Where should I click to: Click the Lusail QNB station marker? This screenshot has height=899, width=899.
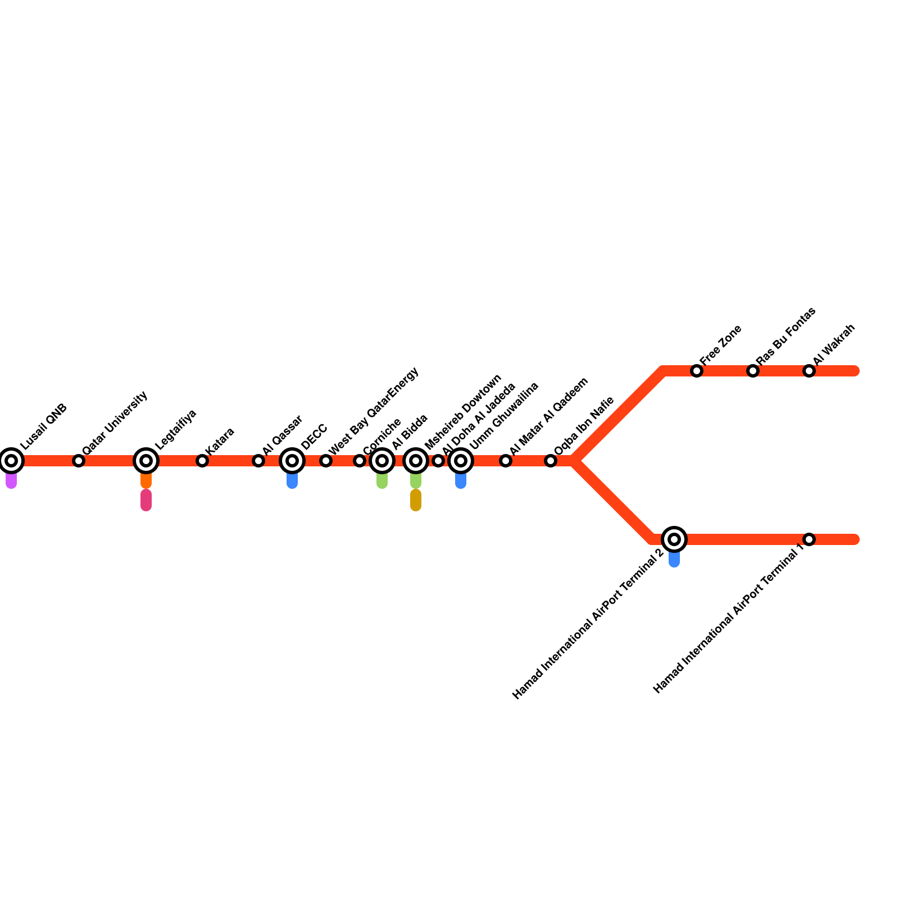[11, 461]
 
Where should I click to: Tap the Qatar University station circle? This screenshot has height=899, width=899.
[79, 461]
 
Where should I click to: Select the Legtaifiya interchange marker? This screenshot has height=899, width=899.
[146, 461]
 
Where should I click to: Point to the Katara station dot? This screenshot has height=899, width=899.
[202, 461]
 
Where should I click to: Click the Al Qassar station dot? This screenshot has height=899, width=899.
[258, 461]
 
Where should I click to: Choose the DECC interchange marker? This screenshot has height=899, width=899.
[292, 461]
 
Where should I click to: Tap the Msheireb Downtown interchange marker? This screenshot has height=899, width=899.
[416, 461]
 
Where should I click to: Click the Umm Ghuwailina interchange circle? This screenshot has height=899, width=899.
[461, 461]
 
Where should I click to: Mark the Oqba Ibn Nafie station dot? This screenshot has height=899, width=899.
[551, 461]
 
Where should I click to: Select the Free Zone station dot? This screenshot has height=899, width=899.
[697, 371]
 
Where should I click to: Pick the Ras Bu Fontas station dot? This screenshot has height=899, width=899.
[753, 371]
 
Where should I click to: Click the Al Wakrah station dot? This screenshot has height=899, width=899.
[809, 371]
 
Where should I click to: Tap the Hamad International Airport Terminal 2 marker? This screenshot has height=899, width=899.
[674, 539]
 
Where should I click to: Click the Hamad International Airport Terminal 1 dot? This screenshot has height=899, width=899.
[809, 539]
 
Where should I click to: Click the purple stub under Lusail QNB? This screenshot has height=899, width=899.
[11, 482]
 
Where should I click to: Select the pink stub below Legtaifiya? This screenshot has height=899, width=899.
[146, 500]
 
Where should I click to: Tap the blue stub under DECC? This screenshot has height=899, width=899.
[292, 482]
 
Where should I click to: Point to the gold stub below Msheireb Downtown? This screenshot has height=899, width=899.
[416, 500]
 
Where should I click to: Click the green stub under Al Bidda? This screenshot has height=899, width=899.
[382, 482]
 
